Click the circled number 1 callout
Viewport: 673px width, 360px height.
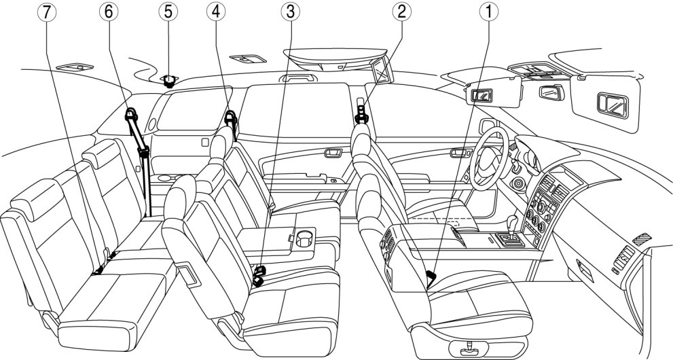click(486, 12)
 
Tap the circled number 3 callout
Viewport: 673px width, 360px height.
click(291, 12)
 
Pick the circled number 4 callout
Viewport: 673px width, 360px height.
click(214, 12)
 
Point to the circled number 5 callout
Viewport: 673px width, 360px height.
click(167, 12)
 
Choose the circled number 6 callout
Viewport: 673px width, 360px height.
click(107, 12)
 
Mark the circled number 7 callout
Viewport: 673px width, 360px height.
click(46, 12)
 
